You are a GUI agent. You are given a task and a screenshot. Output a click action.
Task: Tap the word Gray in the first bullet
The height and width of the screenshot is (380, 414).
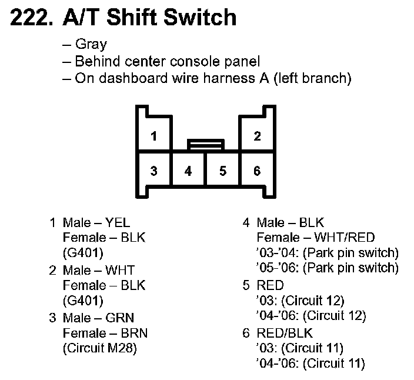click(x=91, y=45)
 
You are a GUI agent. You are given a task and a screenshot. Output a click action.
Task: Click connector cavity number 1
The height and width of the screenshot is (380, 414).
click(x=153, y=137)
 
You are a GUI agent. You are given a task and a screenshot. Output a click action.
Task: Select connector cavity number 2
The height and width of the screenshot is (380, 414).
click(x=257, y=137)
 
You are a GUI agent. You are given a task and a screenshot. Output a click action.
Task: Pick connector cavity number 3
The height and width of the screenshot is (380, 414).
click(x=153, y=171)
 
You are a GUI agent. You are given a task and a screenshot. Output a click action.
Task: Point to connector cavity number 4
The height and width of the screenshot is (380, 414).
click(x=188, y=171)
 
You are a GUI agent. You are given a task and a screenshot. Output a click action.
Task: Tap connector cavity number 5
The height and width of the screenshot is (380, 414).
click(x=223, y=171)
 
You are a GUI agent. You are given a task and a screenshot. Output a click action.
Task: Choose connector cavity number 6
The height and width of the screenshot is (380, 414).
click(x=257, y=171)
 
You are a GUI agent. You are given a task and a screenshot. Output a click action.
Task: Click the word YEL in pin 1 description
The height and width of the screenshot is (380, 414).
click(x=118, y=223)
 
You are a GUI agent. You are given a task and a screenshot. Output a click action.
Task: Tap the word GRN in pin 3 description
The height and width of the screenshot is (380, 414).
click(x=120, y=318)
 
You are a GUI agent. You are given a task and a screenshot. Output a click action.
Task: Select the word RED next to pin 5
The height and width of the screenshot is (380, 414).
click(x=271, y=286)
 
